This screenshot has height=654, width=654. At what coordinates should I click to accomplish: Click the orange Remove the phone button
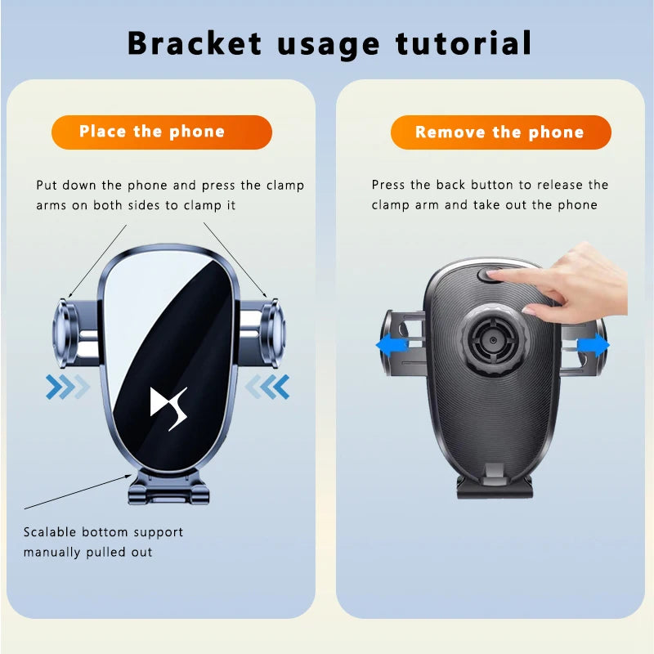[x=499, y=132]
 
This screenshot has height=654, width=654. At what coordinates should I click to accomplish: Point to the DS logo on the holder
[x=169, y=407]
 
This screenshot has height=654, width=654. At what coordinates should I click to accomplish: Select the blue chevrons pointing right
[x=67, y=386]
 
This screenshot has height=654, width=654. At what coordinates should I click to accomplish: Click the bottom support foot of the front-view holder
[x=169, y=490]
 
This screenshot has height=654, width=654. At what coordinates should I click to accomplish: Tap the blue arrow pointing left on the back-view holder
[x=392, y=345]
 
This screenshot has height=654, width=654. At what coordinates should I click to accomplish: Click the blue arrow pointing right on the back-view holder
[x=594, y=345]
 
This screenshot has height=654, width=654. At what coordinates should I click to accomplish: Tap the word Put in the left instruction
[x=47, y=185]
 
